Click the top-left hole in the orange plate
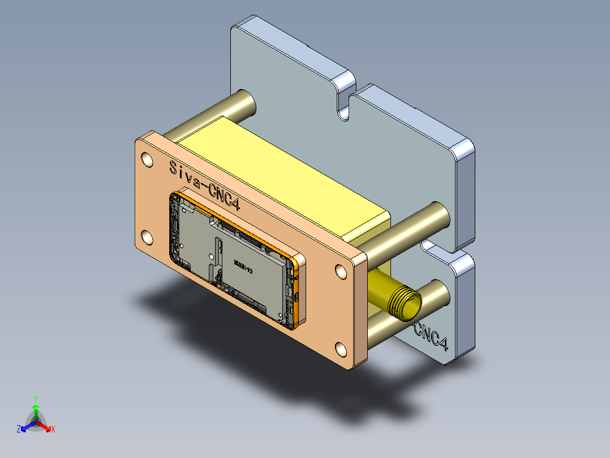click(x=147, y=159)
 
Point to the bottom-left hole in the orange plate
click(x=147, y=238)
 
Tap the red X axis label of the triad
click(x=53, y=430)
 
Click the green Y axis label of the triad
click(x=35, y=398)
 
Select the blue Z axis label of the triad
click(x=19, y=430)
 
